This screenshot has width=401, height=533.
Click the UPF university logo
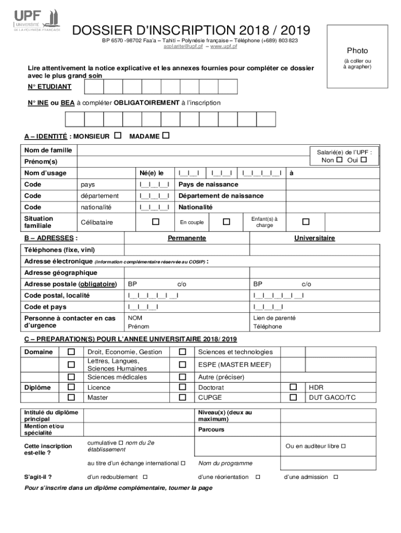coord(36,20)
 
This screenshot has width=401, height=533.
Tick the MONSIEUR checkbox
coord(118,136)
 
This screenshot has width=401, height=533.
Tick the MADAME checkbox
coord(166,136)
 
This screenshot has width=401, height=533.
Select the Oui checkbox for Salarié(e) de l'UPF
coord(364,160)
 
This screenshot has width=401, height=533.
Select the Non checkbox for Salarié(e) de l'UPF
coord(340,160)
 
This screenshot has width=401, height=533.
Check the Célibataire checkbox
coord(155,222)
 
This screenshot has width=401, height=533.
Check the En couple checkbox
coord(226,222)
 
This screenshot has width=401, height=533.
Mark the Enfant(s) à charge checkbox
coord(306,222)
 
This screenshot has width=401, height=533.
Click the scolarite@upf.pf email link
coord(183,47)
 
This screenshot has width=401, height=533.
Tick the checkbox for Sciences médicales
coord(71,377)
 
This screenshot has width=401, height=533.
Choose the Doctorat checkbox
coord(182,387)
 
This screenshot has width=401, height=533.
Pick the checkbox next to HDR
coord(293,387)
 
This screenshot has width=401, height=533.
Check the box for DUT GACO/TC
coord(293,397)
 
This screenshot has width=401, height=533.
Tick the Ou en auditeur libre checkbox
coord(343,447)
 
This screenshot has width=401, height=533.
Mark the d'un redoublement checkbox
coord(145,477)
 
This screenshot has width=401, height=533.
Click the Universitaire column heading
coord(315,238)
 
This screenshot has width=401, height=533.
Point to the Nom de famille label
coord(48,150)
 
